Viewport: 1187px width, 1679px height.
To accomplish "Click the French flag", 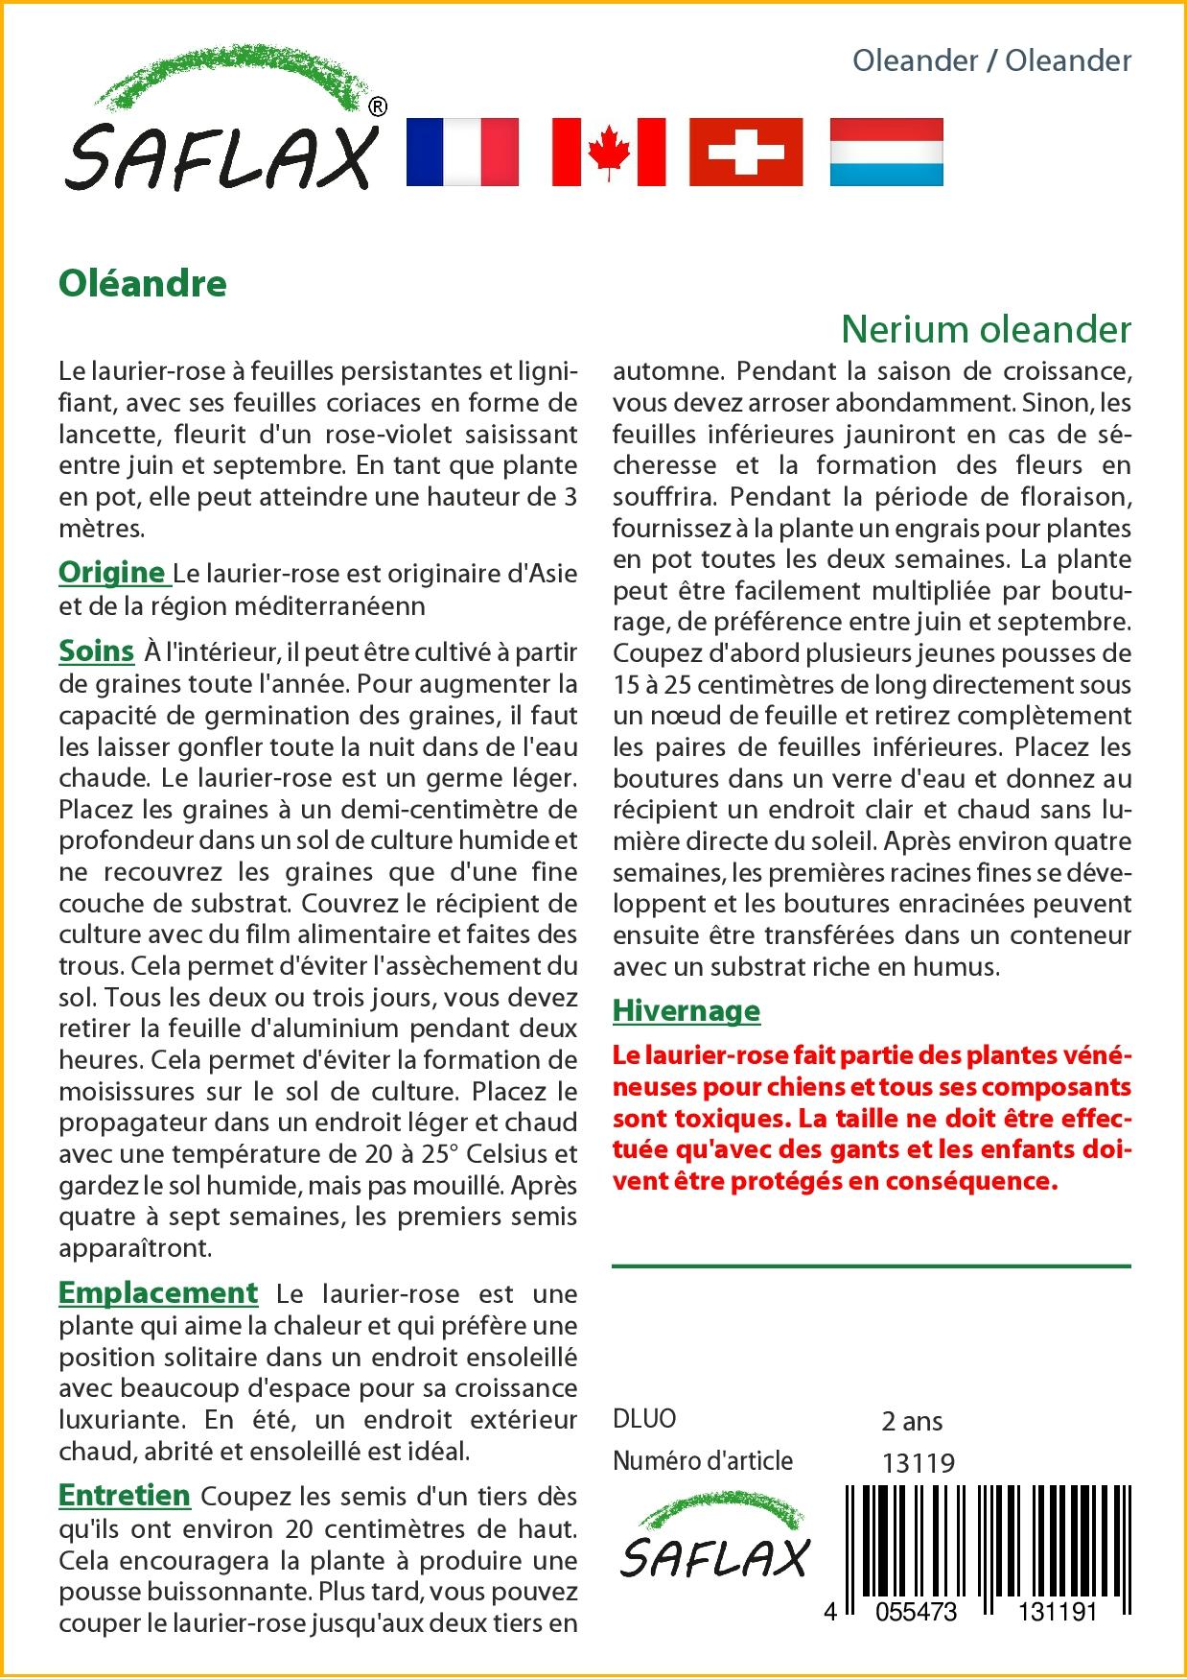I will point(462,152).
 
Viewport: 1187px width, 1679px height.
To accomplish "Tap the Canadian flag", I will point(609,152).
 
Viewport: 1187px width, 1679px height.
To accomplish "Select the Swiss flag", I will point(746,152).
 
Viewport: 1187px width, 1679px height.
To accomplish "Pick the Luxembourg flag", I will point(886,152).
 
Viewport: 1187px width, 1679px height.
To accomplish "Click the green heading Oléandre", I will point(143,283).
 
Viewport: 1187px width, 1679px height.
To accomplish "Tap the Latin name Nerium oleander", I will point(986,329).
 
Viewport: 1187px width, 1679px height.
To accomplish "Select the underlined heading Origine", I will point(112,572).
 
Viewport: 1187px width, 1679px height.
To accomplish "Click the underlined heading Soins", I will point(96,650).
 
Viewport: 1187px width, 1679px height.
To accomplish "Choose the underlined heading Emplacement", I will point(158,1292).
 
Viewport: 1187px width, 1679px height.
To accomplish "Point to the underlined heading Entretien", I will point(125,1495).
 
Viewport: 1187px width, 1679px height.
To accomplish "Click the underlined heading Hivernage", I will point(687,1010).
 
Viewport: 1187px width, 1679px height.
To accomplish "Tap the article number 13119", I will point(918,1463).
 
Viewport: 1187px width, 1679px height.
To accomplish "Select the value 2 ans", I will point(912,1421).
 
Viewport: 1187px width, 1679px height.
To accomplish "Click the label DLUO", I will point(644,1419).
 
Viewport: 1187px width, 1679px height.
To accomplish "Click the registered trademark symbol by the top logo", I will point(378,106).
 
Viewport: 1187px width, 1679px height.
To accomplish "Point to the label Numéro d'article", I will point(703,1461).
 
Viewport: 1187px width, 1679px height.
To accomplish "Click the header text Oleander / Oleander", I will point(991,60).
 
